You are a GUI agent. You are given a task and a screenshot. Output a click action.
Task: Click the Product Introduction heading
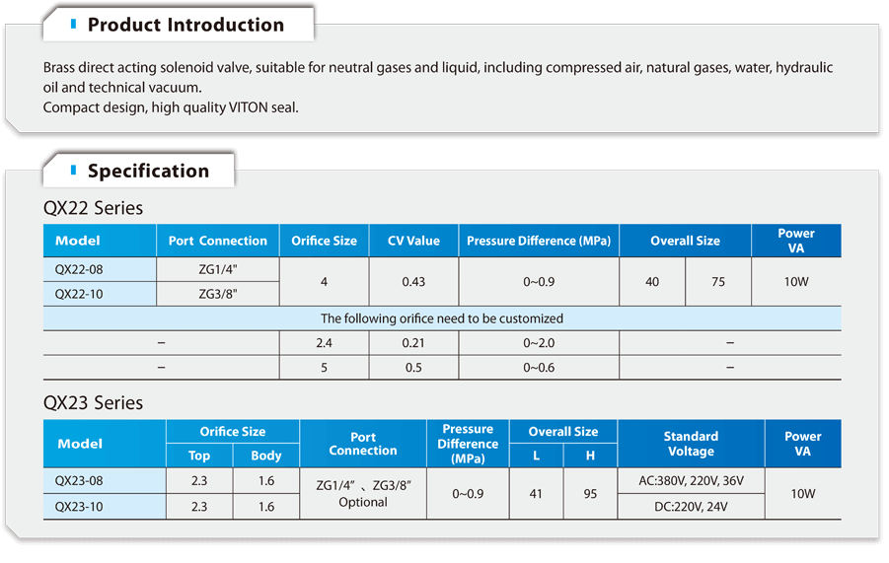(185, 25)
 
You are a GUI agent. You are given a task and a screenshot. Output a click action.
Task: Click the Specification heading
(148, 171)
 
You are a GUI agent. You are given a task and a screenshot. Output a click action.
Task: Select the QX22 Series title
(93, 208)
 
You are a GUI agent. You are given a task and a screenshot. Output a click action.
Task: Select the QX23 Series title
(93, 402)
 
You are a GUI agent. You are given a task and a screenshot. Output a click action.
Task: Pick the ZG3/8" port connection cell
(218, 293)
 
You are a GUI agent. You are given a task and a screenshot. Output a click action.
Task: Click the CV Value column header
(413, 241)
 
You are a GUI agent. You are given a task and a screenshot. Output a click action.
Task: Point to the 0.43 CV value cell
(413, 282)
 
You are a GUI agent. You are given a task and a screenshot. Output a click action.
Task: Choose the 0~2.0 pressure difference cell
(539, 342)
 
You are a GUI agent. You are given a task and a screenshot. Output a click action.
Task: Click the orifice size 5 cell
(324, 368)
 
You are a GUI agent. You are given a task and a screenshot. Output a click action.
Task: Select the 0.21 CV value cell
(413, 342)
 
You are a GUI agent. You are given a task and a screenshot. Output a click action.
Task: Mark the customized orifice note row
(442, 318)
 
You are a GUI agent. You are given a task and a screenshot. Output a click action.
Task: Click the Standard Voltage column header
(691, 444)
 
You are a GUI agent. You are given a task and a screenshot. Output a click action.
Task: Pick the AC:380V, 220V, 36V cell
(691, 481)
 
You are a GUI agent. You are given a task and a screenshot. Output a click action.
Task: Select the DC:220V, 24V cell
(691, 507)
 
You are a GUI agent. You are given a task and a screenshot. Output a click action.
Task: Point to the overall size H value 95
(590, 494)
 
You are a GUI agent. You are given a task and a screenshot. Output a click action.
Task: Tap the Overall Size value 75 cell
(717, 282)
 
